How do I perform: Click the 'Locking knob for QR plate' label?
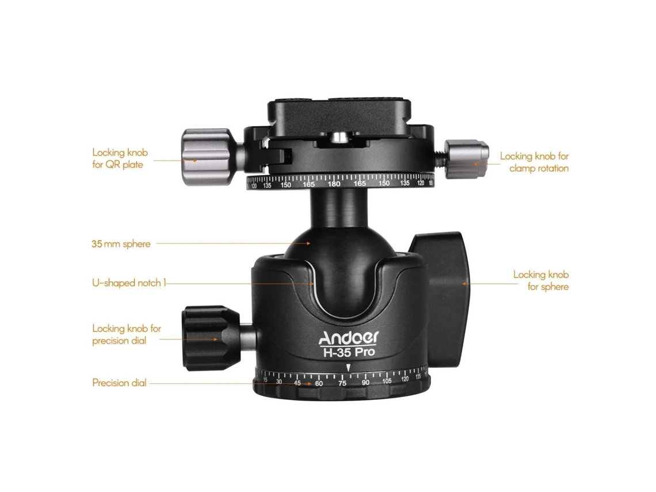[x=120, y=159]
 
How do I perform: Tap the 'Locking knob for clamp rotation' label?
[x=534, y=162]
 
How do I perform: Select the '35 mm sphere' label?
[x=121, y=244]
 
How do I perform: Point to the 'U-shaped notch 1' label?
[x=129, y=283]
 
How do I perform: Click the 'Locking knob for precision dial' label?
[x=127, y=335]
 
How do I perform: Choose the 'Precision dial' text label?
[x=119, y=383]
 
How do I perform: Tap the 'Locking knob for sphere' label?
[x=541, y=281]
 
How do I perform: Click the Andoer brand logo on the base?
[x=349, y=338]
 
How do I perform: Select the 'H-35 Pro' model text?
[x=349, y=352]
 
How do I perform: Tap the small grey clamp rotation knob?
[x=466, y=159]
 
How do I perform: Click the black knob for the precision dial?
[x=209, y=338]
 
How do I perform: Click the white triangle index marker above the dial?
[x=348, y=368]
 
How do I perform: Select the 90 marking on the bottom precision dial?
[x=365, y=383]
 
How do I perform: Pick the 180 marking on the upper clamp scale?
[x=333, y=184]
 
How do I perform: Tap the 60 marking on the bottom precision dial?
[x=319, y=383]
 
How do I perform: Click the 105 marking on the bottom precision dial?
[x=387, y=381]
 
